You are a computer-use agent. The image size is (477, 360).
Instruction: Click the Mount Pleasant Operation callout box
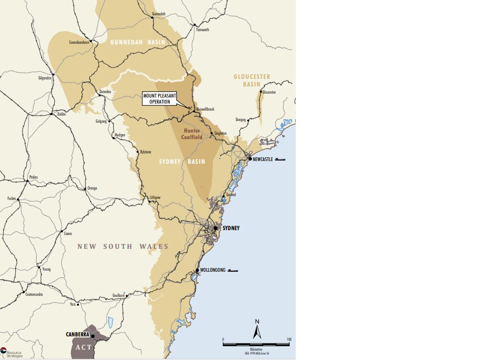(160, 99)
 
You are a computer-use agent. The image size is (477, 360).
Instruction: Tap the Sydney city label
(231, 228)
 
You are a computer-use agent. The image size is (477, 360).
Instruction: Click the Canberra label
(78, 334)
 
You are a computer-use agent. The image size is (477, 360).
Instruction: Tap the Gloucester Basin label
(251, 81)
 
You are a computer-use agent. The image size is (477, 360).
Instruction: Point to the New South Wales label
(123, 247)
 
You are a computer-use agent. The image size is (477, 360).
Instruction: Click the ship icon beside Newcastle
(280, 159)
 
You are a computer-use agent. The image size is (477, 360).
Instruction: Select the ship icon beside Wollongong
(233, 270)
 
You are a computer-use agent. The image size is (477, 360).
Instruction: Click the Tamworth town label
(203, 30)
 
